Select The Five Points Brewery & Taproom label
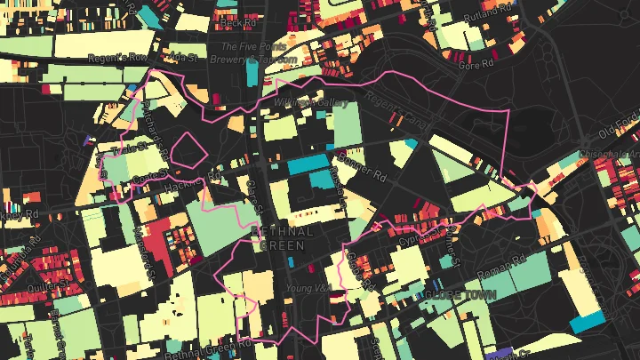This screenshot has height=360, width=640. pos(251,52)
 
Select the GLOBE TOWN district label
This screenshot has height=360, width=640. pos(459,294)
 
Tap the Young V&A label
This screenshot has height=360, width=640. pos(304,289)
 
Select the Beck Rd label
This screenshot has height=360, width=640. pos(229,19)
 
